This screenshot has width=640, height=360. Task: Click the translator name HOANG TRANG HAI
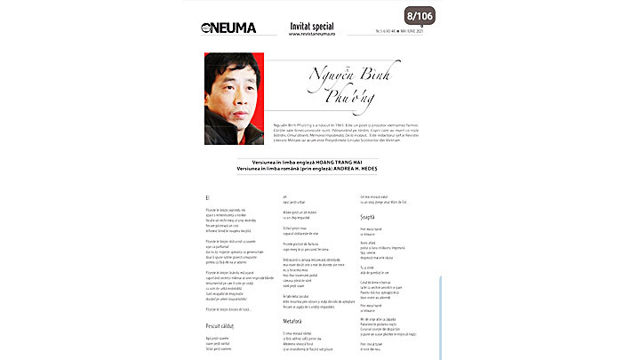click(325, 163)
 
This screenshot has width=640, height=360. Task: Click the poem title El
click(207, 196)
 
